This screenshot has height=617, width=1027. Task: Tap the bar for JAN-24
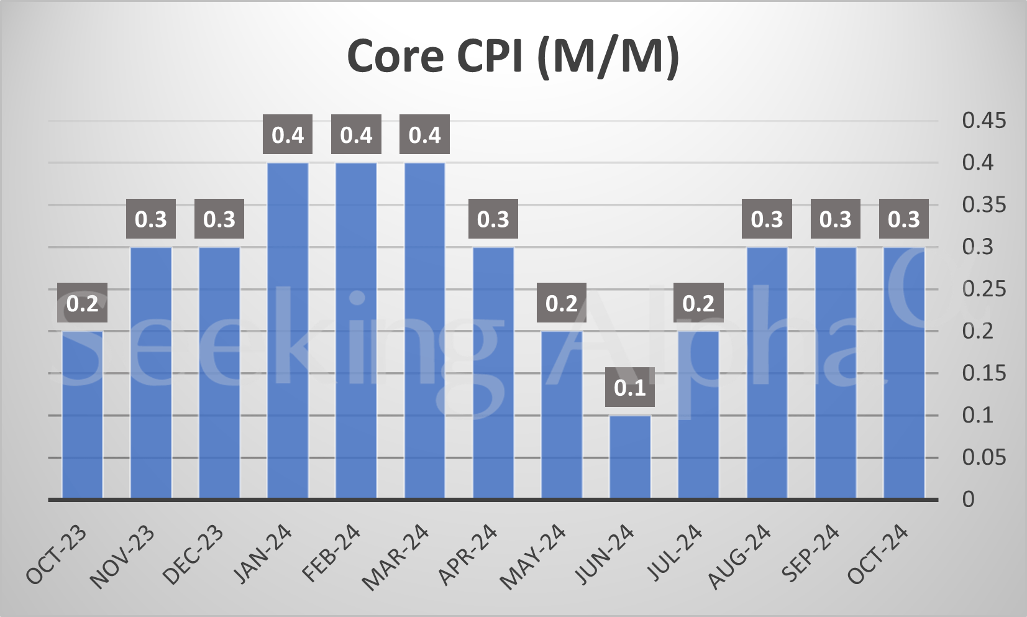(x=288, y=331)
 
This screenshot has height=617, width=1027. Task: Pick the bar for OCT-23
(x=82, y=414)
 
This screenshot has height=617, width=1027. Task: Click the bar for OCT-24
(x=903, y=373)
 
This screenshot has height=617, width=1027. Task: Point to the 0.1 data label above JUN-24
(x=630, y=387)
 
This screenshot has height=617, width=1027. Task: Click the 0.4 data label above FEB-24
(x=356, y=135)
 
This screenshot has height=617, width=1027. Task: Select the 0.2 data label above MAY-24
(x=561, y=303)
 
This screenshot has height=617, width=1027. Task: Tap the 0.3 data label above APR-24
(x=493, y=219)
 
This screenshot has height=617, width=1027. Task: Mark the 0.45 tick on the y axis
(x=983, y=120)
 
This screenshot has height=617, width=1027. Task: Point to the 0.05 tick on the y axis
(x=983, y=457)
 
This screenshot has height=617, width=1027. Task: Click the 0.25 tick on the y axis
(x=983, y=289)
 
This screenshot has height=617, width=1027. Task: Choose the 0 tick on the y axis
(x=968, y=499)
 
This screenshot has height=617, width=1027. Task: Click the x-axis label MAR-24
(x=396, y=557)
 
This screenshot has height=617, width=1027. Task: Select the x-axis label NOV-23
(x=122, y=557)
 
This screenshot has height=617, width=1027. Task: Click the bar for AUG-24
(x=767, y=373)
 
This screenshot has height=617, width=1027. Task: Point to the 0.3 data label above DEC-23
(x=219, y=219)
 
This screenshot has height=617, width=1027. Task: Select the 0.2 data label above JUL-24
(x=698, y=303)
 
